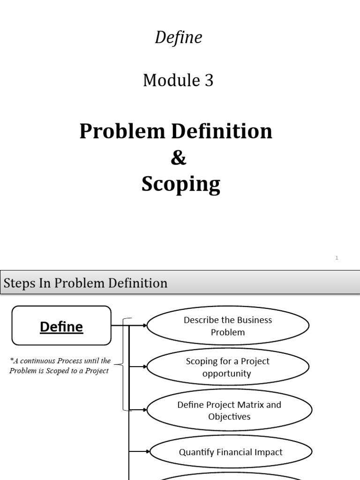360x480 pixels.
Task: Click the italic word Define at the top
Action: tap(178, 37)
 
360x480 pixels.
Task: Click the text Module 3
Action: tap(178, 81)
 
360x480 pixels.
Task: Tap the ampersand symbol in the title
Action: tap(179, 158)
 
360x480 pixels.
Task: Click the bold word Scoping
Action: tap(180, 184)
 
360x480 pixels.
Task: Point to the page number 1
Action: tap(337, 258)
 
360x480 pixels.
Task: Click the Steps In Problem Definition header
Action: tap(85, 283)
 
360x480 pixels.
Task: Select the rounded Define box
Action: tap(61, 326)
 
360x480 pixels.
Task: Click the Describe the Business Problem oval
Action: tap(228, 326)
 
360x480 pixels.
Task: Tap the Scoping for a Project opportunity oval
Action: tap(228, 367)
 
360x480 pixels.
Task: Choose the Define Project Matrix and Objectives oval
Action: tap(229, 410)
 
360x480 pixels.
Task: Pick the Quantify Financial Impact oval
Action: tap(231, 452)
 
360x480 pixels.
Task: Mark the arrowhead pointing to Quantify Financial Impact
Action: tap(148, 451)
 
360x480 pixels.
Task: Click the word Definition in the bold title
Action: tap(223, 131)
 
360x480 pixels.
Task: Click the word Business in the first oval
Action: tap(249, 320)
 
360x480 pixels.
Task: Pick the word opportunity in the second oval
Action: tap(227, 374)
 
